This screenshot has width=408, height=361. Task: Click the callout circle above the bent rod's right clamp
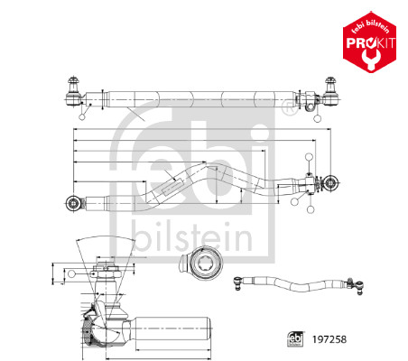(x=310, y=157)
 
